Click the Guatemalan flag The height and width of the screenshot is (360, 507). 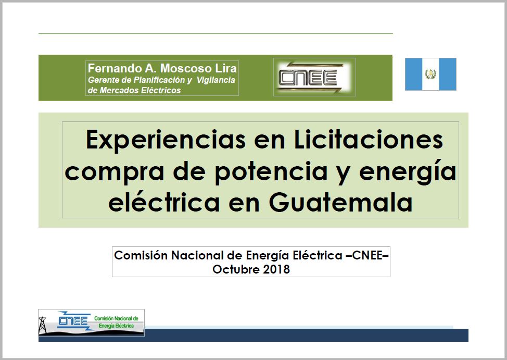[430, 74]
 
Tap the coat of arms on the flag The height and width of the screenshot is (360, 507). [430, 74]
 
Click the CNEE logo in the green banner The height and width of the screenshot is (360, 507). [314, 78]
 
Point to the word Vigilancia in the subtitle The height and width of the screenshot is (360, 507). [216, 80]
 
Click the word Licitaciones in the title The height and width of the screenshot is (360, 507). [369, 140]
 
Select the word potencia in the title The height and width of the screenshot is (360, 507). [271, 171]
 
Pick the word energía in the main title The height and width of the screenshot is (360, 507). [408, 171]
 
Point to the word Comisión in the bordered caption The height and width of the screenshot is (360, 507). [141, 255]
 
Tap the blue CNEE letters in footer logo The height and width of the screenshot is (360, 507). [73, 320]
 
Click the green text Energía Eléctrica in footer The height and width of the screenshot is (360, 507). [116, 326]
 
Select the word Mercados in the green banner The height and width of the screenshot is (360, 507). [115, 90]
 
